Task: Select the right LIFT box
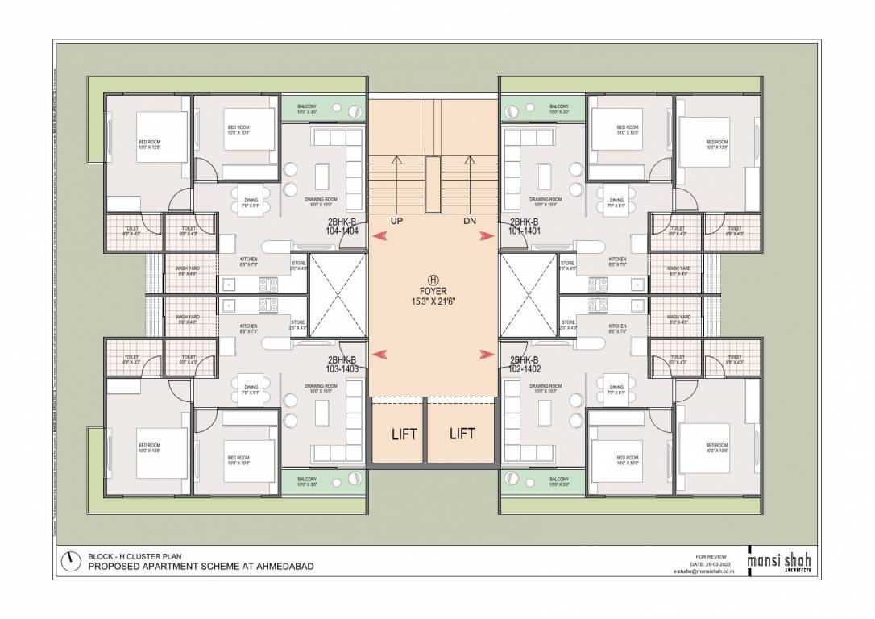462,434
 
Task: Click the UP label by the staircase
396,221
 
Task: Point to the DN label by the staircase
470,221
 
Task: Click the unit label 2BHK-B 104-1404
342,226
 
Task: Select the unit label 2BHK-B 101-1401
524,226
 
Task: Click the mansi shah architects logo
778,561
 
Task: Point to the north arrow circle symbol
71,561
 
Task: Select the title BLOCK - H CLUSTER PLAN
135,556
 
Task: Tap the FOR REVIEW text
709,556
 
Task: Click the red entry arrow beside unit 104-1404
379,235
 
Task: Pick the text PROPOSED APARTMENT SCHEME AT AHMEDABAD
201,567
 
